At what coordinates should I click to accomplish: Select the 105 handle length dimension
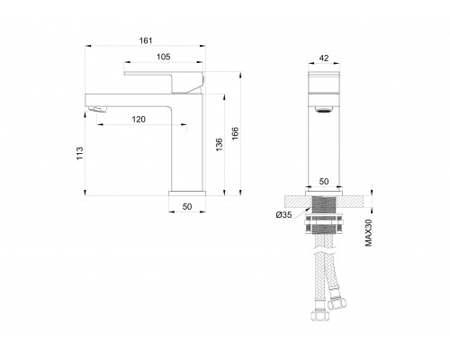(x=162, y=57)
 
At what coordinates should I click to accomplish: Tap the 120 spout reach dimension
(x=139, y=119)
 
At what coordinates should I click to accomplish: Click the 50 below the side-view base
(x=188, y=207)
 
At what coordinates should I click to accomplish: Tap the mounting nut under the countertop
(x=324, y=222)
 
